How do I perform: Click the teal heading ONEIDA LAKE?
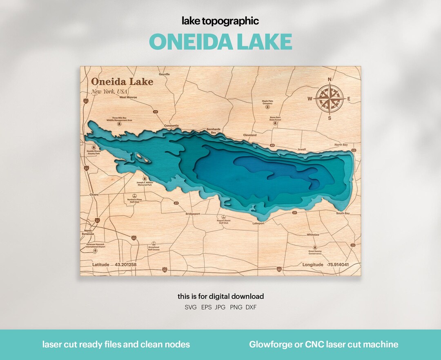(x=220, y=41)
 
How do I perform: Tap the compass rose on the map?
(x=330, y=98)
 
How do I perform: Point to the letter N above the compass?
(x=330, y=80)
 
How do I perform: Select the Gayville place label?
(x=164, y=74)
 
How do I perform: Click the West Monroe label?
(x=128, y=97)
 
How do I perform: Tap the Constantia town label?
(x=171, y=125)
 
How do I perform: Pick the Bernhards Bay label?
(x=214, y=131)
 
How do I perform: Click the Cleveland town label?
(x=250, y=135)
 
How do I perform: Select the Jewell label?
(x=302, y=150)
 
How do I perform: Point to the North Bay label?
(x=341, y=145)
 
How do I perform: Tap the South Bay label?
(x=343, y=213)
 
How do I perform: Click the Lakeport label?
(x=258, y=224)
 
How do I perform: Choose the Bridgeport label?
(x=193, y=214)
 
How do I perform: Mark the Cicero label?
(x=94, y=195)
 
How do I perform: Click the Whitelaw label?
(x=313, y=235)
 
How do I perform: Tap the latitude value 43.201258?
(x=125, y=265)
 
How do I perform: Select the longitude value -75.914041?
(x=338, y=265)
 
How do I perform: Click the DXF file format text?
(x=251, y=307)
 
